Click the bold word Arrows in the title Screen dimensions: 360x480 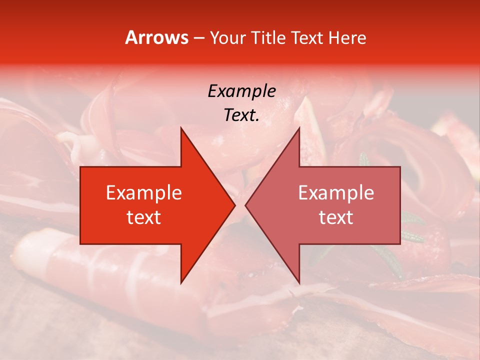click(x=156, y=37)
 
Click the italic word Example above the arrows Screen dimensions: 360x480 click(x=241, y=91)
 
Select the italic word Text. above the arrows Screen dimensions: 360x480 click(x=241, y=115)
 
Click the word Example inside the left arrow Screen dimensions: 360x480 click(x=143, y=193)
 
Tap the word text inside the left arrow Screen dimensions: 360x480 click(x=143, y=217)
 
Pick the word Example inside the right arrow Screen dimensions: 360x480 click(x=336, y=193)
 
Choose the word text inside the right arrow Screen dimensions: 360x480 click(x=336, y=217)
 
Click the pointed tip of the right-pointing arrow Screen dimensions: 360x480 click(x=235, y=205)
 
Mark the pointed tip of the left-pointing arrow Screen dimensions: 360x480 click(x=245, y=205)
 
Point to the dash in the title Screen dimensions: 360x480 click(x=198, y=38)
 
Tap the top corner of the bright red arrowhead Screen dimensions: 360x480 click(x=181, y=127)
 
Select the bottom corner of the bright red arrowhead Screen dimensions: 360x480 click(x=181, y=283)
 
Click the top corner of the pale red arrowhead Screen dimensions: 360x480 click(x=299, y=127)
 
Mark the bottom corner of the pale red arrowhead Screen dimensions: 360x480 click(x=299, y=283)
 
